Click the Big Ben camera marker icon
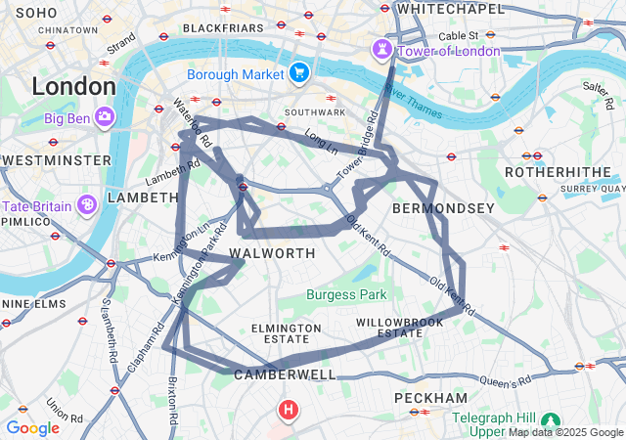click(105, 119)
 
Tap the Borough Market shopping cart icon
click(299, 72)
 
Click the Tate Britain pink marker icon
click(87, 205)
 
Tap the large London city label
click(73, 86)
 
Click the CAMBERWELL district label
click(285, 374)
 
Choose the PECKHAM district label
click(430, 398)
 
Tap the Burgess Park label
click(346, 294)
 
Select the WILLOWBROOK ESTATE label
click(389, 327)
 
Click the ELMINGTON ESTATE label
click(286, 332)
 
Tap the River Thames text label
click(413, 105)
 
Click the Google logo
click(32, 428)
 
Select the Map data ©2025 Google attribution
click(565, 432)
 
